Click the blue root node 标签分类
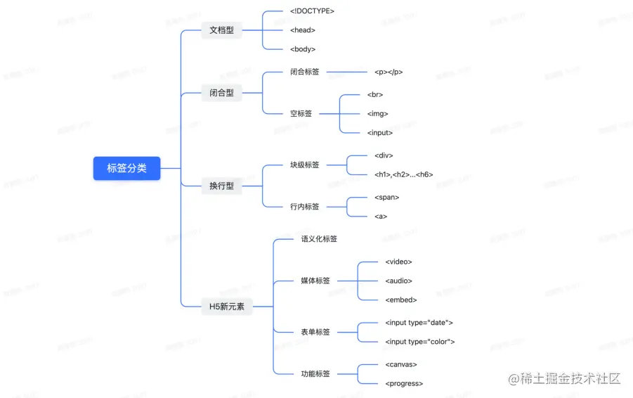126,169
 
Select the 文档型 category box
221,30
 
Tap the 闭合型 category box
221,93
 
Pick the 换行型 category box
221,186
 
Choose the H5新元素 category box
226,307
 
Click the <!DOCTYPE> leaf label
312,11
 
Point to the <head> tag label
303,30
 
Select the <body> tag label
303,49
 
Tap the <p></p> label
389,72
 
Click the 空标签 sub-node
301,113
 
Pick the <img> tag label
377,113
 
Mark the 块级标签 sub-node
305,165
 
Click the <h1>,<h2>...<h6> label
403,174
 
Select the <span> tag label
386,198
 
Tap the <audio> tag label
398,281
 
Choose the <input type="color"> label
419,342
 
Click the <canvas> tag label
401,364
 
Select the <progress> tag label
404,383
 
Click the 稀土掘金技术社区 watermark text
570,379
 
